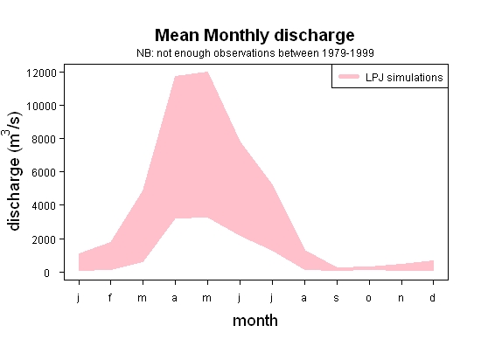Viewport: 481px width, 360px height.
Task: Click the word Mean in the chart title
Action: tap(177, 35)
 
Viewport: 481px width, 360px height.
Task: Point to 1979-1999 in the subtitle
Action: tap(348, 53)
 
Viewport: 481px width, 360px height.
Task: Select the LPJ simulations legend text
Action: tap(404, 78)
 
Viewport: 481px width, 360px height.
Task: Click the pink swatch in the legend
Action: tap(349, 77)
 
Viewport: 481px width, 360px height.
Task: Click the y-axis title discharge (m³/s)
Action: tap(13, 171)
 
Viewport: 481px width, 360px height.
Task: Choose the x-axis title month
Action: tap(255, 321)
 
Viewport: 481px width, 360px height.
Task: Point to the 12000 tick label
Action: tap(41, 73)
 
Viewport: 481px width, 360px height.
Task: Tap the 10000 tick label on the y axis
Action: tap(41, 107)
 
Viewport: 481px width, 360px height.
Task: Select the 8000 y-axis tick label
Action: tap(45, 140)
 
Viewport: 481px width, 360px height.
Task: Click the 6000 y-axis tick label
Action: tap(45, 172)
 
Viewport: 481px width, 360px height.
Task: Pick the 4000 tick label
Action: tap(45, 205)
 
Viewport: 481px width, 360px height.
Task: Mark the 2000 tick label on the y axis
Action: tap(45, 239)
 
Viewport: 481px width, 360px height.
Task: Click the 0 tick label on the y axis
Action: tap(46, 273)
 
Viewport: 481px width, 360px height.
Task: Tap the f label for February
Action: tap(110, 297)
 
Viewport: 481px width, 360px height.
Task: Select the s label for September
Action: tap(337, 298)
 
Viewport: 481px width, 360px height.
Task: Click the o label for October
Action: tap(369, 298)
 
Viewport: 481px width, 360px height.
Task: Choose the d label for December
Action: tap(432, 297)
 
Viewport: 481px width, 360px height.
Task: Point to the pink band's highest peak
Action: tap(207, 72)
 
